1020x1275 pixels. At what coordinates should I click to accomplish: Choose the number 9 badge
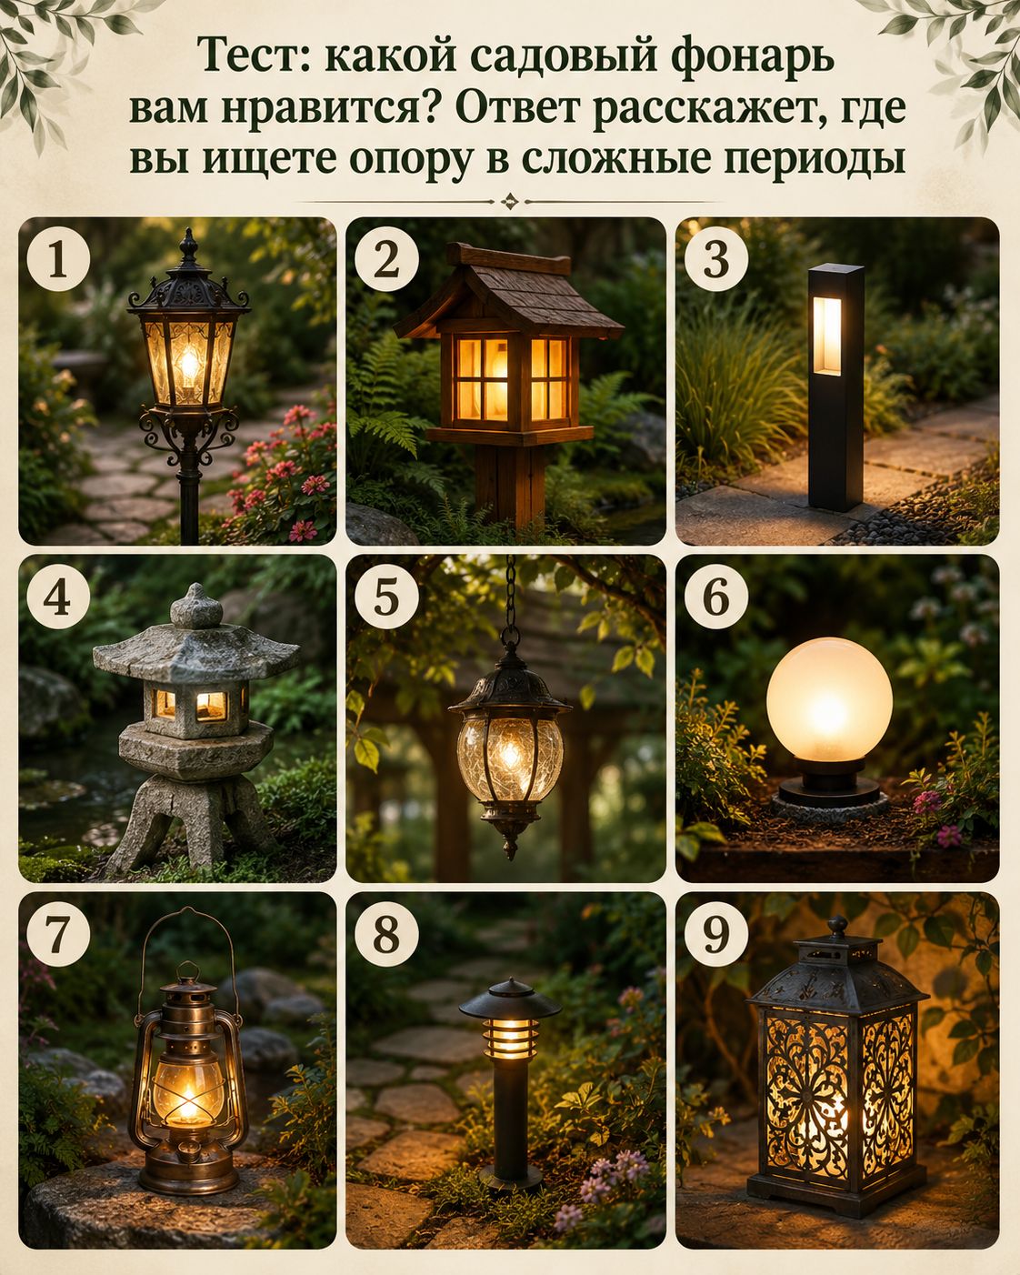[x=715, y=934]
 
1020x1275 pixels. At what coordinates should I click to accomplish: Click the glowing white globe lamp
[x=829, y=699]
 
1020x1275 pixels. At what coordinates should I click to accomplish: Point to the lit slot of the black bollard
[x=827, y=335]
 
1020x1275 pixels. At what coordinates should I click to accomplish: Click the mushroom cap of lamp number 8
[x=510, y=999]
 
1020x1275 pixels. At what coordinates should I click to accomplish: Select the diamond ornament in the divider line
[x=509, y=202]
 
